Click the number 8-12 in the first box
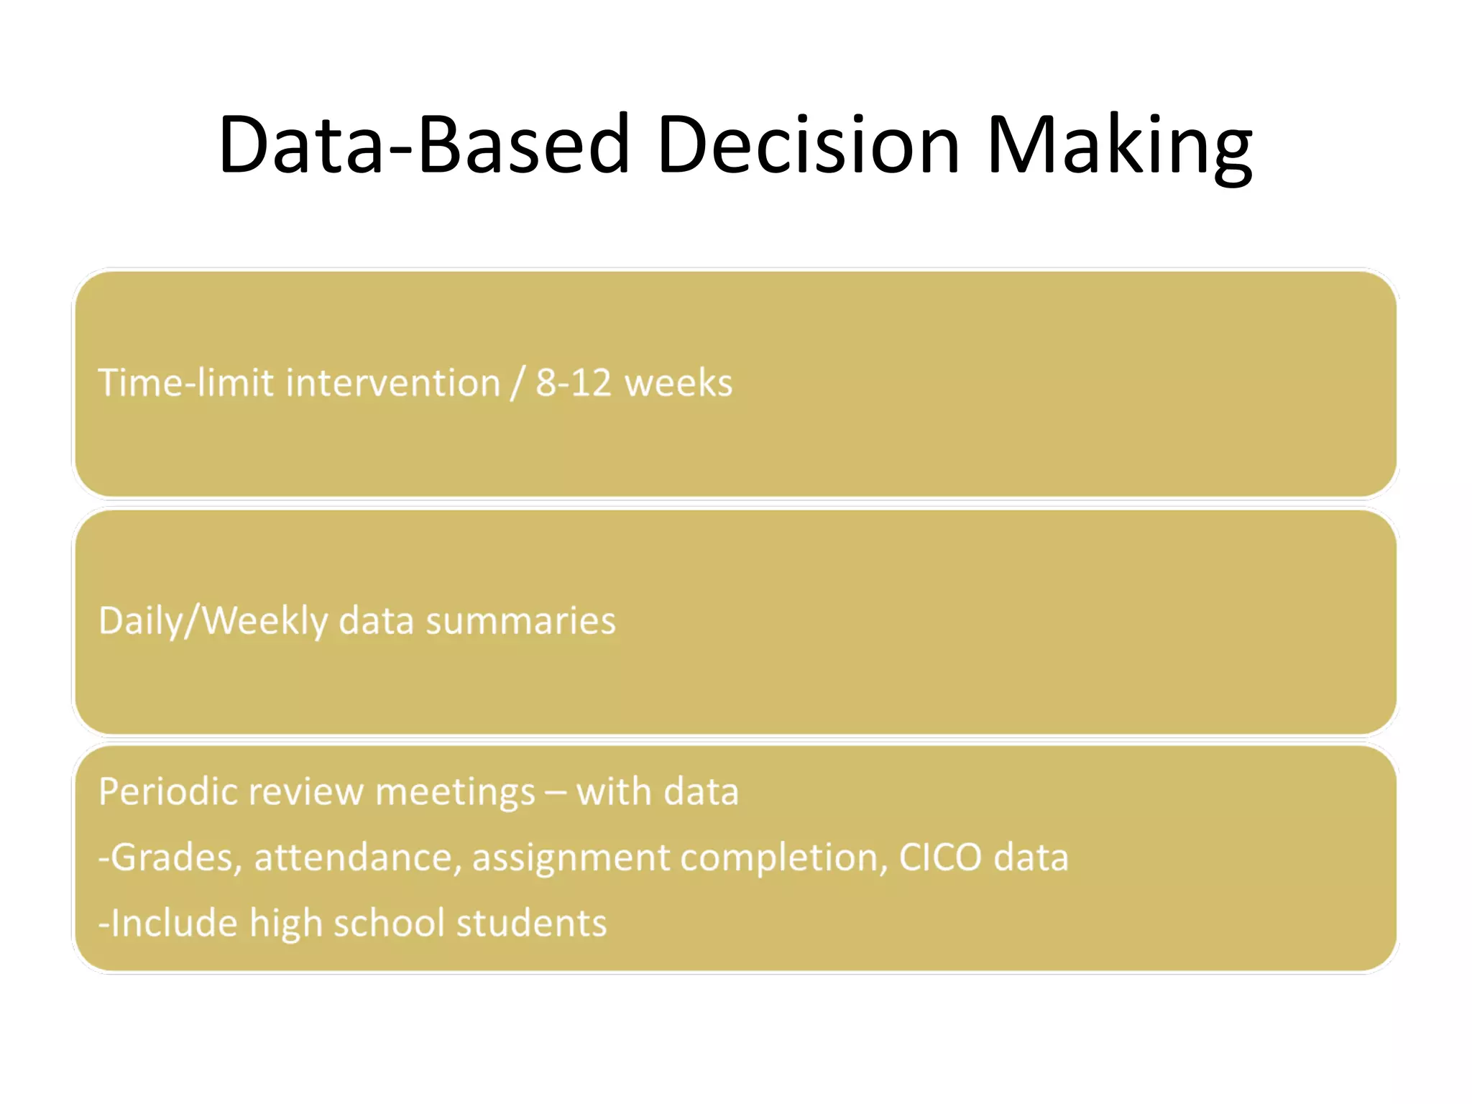tap(572, 382)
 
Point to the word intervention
tap(392, 382)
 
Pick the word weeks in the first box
tap(678, 382)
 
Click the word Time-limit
tap(186, 382)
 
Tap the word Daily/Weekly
tap(213, 621)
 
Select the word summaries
tap(520, 621)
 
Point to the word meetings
tap(455, 792)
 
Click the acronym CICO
tap(939, 857)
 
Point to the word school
tap(388, 923)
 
